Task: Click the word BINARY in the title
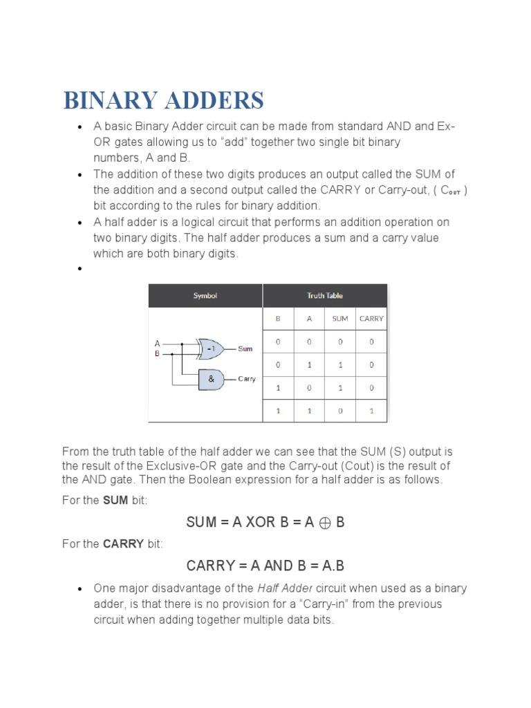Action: coord(111,100)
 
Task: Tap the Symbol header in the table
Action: coord(205,296)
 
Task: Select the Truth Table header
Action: coord(325,296)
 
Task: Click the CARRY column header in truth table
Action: coord(371,319)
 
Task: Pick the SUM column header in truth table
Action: coord(339,319)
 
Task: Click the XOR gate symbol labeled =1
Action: coord(210,349)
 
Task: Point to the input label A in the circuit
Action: coord(157,343)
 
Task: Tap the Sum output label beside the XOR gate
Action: coord(245,349)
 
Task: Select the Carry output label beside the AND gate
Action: coord(247,379)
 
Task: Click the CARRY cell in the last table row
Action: coord(371,411)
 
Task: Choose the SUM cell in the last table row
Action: coord(339,411)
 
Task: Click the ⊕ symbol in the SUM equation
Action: coord(324,523)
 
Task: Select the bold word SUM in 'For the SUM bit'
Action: coord(115,501)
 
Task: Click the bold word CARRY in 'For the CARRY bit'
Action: coord(123,544)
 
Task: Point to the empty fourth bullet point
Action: coord(80,270)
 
